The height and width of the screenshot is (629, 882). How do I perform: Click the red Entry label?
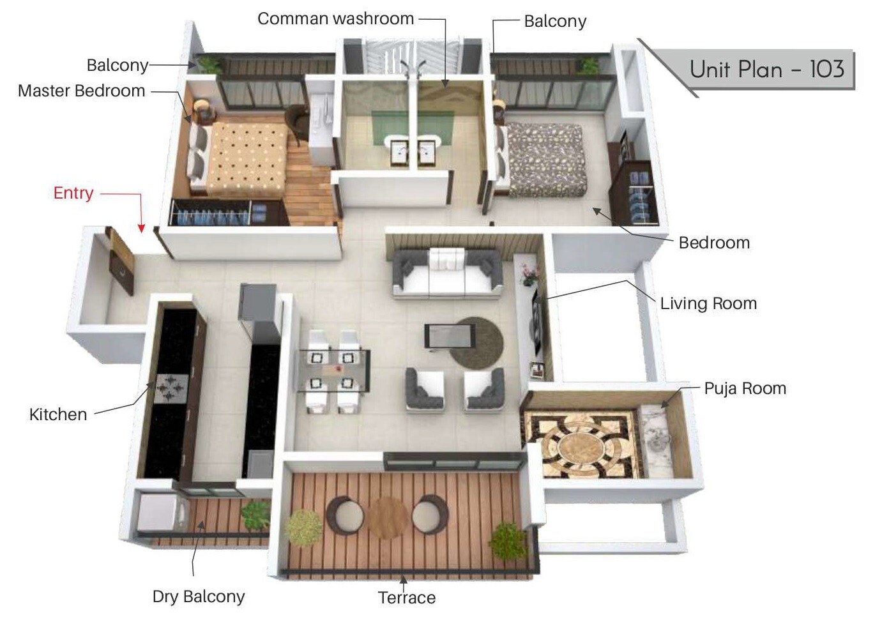tap(73, 193)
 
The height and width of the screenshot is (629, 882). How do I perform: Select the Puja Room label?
tap(745, 388)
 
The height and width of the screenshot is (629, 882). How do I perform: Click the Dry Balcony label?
tap(199, 596)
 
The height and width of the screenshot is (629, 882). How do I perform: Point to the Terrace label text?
tap(407, 598)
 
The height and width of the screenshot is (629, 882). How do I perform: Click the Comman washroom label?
tap(335, 19)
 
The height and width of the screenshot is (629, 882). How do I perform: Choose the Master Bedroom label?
tap(82, 91)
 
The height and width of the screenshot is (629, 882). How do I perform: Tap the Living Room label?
tap(708, 303)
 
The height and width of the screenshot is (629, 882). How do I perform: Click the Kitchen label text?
tap(58, 414)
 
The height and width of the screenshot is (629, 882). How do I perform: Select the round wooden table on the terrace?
tap(388, 517)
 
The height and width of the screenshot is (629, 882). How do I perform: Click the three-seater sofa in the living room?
tap(446, 273)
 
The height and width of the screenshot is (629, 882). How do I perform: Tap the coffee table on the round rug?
tap(450, 335)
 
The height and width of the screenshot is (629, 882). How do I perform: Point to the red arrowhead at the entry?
tap(141, 228)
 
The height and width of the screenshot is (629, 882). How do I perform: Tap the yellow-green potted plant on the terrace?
tap(303, 527)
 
